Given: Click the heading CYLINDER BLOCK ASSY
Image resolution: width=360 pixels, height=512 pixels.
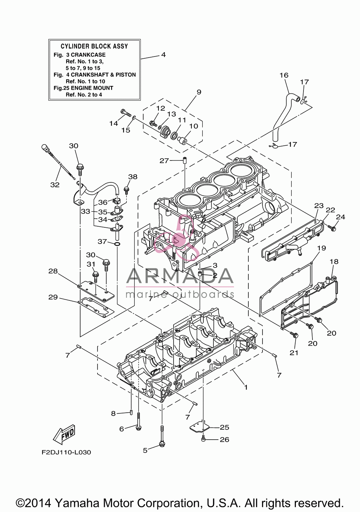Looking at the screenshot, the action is pyautogui.click(x=94, y=46).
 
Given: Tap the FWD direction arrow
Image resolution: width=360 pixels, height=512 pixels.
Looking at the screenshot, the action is pyautogui.click(x=64, y=434).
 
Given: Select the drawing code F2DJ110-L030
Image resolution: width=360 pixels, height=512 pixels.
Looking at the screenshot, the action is pyautogui.click(x=66, y=452).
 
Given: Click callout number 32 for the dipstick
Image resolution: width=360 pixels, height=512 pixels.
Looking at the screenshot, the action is pyautogui.click(x=55, y=185).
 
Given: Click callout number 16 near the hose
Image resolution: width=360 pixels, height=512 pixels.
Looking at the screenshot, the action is pyautogui.click(x=284, y=75).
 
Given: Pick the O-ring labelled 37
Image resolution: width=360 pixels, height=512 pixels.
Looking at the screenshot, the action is pyautogui.click(x=117, y=244).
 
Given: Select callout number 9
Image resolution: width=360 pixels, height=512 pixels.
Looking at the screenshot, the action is pyautogui.click(x=199, y=92).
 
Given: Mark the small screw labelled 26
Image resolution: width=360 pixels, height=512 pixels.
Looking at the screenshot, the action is pyautogui.click(x=203, y=439).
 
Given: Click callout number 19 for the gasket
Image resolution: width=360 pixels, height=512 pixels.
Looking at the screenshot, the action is pyautogui.click(x=321, y=248).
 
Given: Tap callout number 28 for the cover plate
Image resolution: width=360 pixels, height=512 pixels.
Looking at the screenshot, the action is pyautogui.click(x=53, y=271).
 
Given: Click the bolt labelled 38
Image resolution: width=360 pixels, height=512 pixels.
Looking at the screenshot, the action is pyautogui.click(x=126, y=190).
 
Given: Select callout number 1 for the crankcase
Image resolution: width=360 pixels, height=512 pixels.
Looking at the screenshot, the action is pyautogui.click(x=246, y=387).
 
